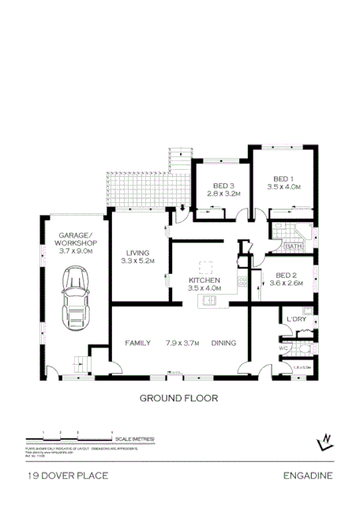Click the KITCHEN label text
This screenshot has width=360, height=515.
click(204, 280)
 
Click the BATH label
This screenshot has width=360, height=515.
click(294, 246)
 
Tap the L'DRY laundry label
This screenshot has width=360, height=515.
click(296, 319)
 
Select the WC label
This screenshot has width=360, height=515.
click(283, 348)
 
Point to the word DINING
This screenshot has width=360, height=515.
click(224, 343)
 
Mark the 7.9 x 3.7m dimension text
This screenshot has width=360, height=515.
click(182, 343)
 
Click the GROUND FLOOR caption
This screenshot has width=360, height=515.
click(178, 398)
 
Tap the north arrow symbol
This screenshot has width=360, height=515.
click(325, 441)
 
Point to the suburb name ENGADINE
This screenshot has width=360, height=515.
click(308, 476)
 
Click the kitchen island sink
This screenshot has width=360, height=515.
click(211, 299)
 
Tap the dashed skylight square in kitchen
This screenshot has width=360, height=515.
click(206, 267)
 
